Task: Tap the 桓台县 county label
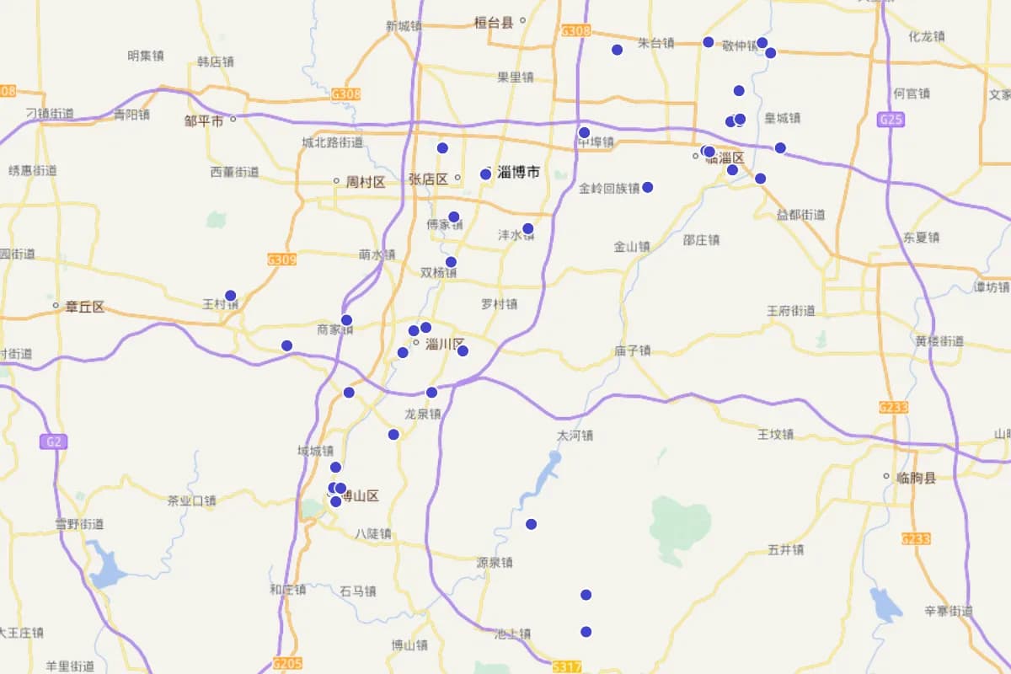494,23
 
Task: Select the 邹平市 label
204,121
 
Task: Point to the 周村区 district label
365,181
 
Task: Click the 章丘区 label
84,307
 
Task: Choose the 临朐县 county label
917,478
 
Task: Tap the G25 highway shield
891,120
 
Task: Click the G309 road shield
281,259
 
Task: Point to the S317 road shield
568,666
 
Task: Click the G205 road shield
288,663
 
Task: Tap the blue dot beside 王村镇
230,296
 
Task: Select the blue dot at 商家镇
346,320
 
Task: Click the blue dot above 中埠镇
584,132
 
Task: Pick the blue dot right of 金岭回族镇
648,187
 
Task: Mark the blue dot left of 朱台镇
617,50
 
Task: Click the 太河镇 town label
575,436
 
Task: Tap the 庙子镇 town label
632,350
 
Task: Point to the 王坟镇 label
775,435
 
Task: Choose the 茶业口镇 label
192,500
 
